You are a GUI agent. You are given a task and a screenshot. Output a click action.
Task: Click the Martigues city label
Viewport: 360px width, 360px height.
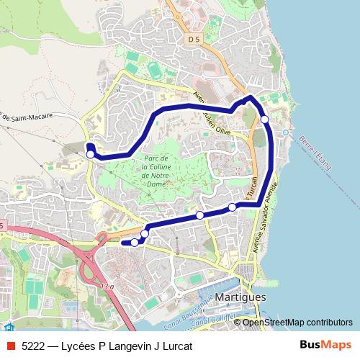[240, 297]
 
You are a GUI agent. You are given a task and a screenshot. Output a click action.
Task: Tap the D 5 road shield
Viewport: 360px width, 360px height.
[192, 39]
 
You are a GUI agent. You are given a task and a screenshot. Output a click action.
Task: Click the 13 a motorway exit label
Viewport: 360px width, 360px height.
[107, 287]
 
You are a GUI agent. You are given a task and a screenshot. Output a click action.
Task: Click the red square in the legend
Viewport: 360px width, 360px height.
[10, 346]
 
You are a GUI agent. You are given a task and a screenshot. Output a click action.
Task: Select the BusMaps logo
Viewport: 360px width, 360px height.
[325, 345]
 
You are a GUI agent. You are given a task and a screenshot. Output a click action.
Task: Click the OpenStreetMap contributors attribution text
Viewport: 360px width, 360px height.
[297, 322]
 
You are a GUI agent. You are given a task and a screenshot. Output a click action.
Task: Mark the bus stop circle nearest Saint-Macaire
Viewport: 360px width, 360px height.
[90, 154]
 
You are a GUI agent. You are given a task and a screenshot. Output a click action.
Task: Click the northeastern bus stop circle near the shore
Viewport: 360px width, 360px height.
[265, 119]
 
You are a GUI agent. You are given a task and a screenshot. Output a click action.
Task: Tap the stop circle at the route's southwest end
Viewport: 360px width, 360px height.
[134, 243]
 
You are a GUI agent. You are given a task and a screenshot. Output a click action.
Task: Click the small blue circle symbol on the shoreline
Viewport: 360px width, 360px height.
[286, 132]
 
